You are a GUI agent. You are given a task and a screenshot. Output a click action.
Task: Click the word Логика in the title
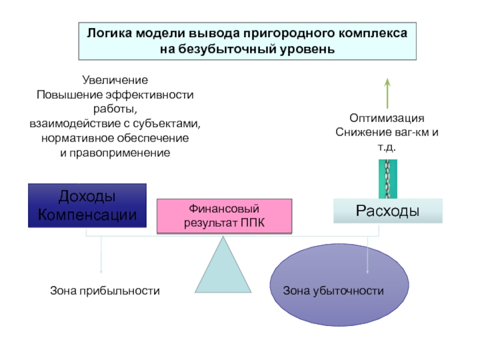(110, 33)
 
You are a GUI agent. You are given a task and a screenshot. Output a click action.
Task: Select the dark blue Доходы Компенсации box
(87, 205)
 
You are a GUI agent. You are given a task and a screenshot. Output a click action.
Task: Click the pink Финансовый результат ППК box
(224, 216)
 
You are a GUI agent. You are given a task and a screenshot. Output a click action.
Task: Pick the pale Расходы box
(388, 211)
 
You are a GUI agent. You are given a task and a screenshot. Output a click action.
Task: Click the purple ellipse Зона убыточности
(339, 284)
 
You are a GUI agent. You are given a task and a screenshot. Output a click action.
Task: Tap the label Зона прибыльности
(105, 290)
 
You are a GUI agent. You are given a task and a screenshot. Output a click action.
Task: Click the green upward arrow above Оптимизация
(388, 94)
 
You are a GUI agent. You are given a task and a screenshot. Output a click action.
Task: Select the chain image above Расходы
(388, 179)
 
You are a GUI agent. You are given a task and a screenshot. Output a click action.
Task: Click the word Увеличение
(115, 80)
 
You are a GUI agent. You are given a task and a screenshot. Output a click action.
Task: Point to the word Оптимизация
(387, 118)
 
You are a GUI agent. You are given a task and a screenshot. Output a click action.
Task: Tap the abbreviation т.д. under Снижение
(387, 147)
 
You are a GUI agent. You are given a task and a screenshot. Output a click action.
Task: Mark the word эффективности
(149, 95)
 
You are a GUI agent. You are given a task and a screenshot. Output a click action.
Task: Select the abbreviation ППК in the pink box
(252, 223)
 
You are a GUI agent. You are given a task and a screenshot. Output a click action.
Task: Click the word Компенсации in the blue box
(87, 215)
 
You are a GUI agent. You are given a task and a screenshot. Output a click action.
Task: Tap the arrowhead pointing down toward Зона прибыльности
(101, 271)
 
